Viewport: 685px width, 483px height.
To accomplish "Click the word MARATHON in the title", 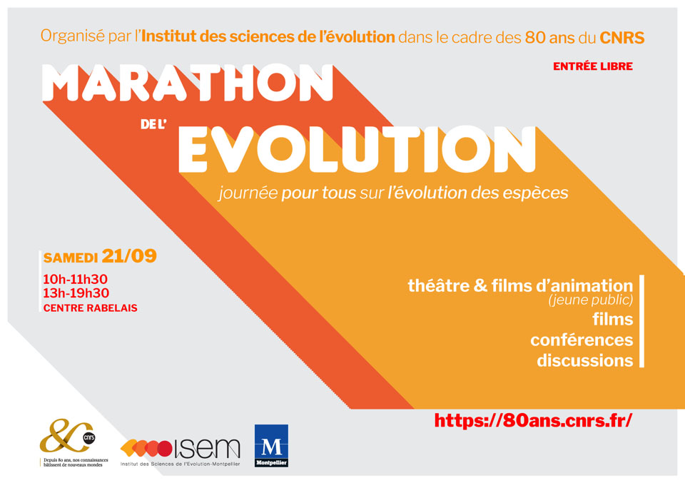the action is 188,83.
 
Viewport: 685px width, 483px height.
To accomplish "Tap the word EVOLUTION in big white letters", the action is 357,149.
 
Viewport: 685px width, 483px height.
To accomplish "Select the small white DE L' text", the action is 153,124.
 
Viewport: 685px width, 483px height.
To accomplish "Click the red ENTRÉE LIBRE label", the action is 593,66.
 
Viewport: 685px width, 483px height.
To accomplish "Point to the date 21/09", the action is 129,256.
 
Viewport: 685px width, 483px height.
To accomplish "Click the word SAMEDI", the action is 71,258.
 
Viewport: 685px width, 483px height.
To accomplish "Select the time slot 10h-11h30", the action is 75,279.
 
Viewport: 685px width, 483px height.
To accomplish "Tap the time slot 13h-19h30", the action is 76,293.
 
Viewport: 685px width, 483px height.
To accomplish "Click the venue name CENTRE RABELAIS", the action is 91,308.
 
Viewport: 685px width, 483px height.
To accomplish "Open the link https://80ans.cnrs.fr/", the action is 533,420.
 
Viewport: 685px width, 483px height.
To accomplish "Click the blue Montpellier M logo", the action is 271,445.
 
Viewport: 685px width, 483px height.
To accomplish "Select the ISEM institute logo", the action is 180,452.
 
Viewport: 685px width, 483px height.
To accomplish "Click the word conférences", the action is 582,340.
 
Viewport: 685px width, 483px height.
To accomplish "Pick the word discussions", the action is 585,361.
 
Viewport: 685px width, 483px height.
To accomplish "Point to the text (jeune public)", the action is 591,300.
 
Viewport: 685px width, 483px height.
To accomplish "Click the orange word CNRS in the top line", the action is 622,38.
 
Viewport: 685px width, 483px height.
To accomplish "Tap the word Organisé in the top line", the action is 73,36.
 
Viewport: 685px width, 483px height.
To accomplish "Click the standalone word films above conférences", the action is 612,319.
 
